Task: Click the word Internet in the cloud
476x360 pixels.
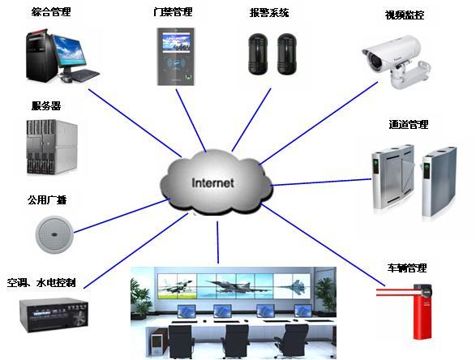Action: tap(212, 182)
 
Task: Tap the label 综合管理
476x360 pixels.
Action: tap(51, 12)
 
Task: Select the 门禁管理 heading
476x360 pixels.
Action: tap(173, 12)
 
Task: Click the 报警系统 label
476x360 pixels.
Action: tap(269, 13)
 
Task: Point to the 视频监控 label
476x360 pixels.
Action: tap(405, 15)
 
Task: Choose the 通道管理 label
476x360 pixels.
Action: tap(409, 124)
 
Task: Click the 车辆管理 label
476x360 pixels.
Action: tap(407, 268)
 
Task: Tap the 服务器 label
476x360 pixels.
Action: tap(46, 105)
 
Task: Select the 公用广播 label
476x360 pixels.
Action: tap(47, 199)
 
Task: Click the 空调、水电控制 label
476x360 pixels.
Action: tap(41, 283)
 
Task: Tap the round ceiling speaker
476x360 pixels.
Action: tap(54, 234)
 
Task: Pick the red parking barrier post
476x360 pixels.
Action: tap(422, 313)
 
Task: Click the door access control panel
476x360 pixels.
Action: tap(175, 57)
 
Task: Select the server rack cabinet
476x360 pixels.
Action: tap(52, 147)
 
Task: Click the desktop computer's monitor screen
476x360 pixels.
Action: tap(70, 49)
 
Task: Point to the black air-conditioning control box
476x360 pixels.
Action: tap(54, 315)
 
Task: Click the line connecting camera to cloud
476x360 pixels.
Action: tap(319, 123)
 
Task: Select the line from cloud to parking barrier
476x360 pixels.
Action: tap(323, 245)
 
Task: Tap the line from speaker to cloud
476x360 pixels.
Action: tap(122, 216)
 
